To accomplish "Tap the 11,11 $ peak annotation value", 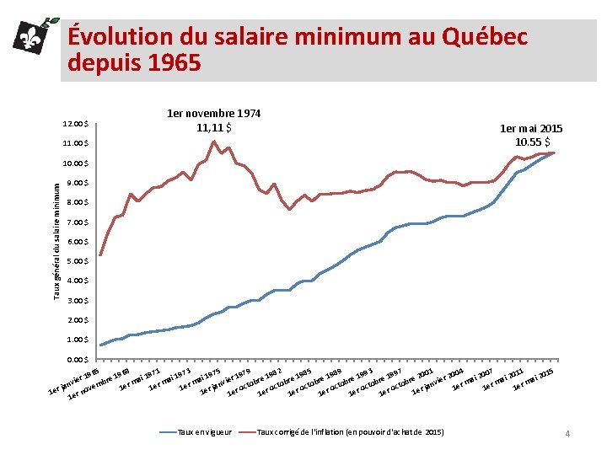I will [x=213, y=127].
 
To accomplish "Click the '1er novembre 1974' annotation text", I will [x=213, y=112].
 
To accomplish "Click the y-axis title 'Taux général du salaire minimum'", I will [x=56, y=242].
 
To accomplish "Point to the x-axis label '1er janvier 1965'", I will [x=74, y=381].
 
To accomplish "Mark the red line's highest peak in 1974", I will [x=214, y=141].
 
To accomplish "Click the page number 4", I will [x=567, y=433].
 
